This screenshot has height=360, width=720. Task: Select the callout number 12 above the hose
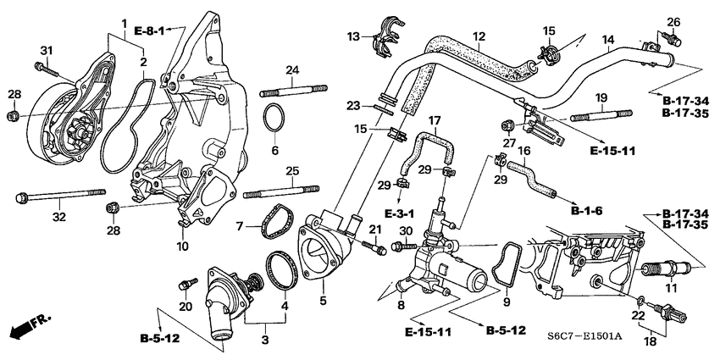tap(479, 36)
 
